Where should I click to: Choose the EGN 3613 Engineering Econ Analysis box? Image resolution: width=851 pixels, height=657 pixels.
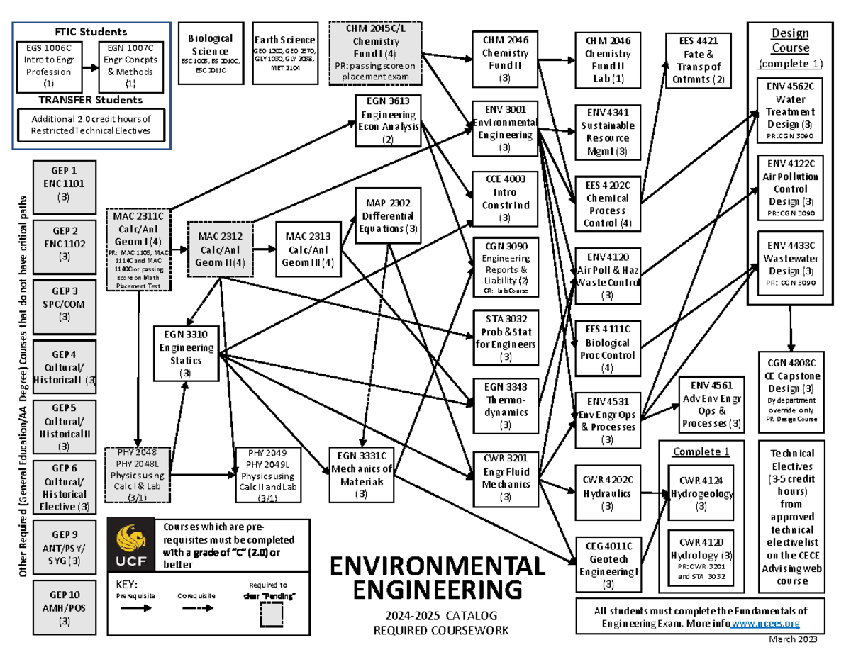(x=388, y=120)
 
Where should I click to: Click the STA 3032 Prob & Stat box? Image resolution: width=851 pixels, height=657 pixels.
(x=505, y=337)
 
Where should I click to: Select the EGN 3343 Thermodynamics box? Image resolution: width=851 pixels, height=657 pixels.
(x=505, y=405)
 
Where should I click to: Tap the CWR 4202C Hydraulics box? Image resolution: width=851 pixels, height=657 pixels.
(x=607, y=491)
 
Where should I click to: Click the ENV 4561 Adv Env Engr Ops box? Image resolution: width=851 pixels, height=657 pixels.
(x=711, y=404)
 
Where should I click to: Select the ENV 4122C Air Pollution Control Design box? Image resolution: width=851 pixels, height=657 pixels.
(x=790, y=189)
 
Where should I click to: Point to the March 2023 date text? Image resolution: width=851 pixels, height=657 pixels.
(x=792, y=639)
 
